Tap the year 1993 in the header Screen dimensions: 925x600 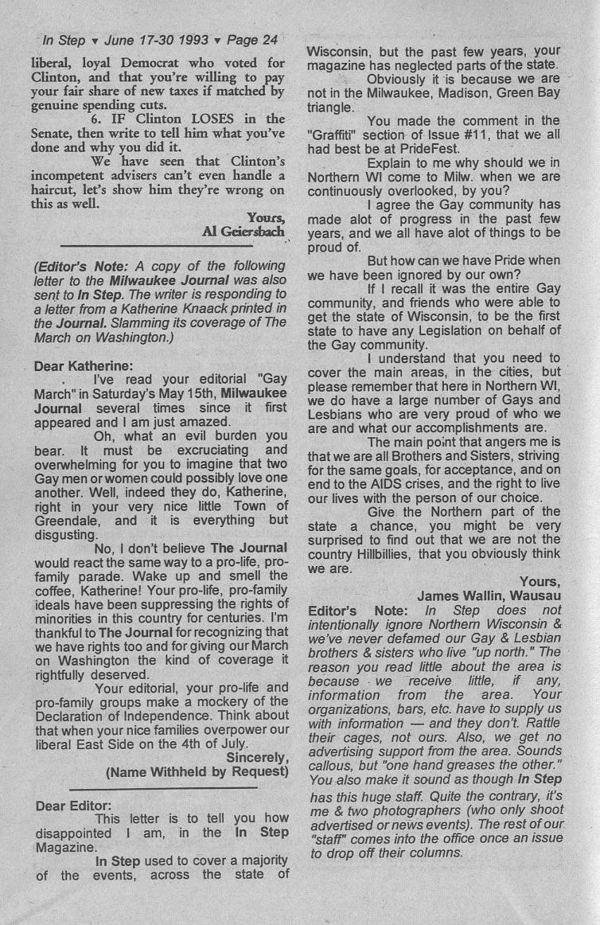coord(193,39)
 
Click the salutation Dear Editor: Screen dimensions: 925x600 coord(74,806)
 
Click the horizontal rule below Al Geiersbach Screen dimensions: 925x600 coord(156,246)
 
